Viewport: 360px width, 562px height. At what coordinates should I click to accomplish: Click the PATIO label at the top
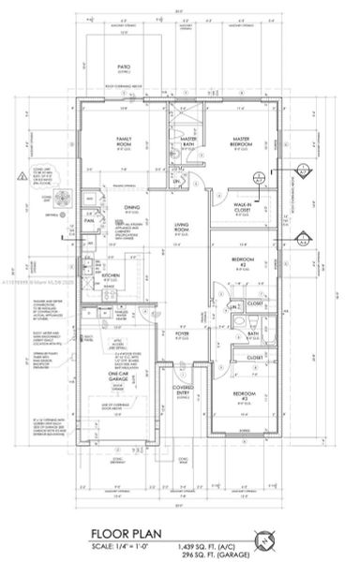pos(122,67)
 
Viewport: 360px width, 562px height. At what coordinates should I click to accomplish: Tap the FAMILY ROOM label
pos(123,140)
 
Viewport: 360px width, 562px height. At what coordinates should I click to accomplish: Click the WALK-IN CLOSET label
pos(247,209)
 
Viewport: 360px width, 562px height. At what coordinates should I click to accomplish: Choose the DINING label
pos(132,208)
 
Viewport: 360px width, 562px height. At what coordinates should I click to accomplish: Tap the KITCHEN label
pos(110,276)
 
